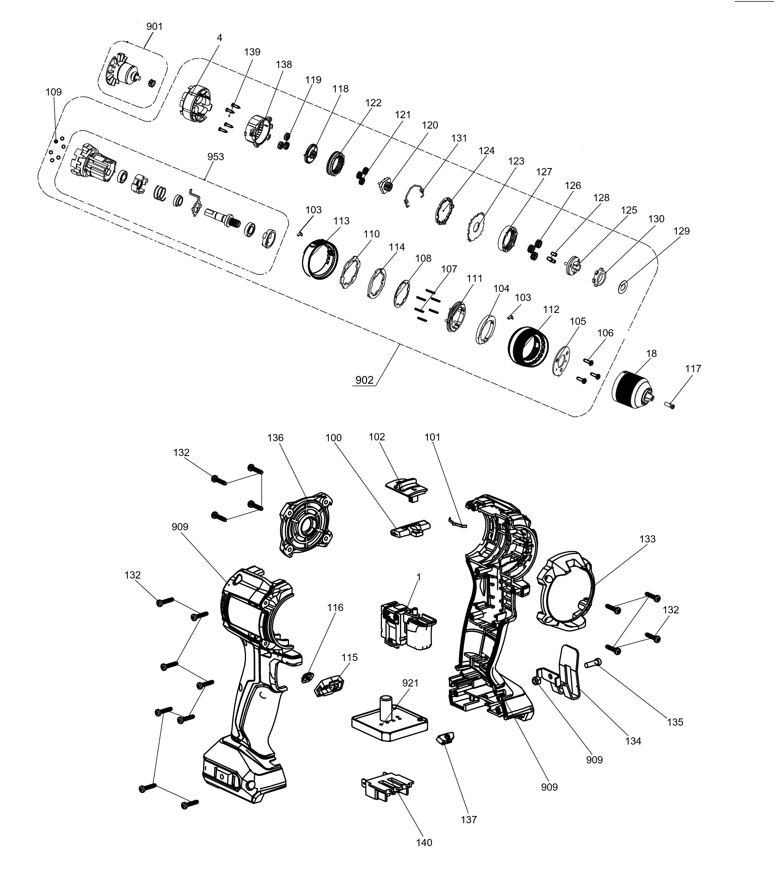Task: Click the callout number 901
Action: [155, 26]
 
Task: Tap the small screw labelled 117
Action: [669, 404]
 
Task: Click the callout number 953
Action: [216, 156]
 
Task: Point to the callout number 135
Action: [675, 722]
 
